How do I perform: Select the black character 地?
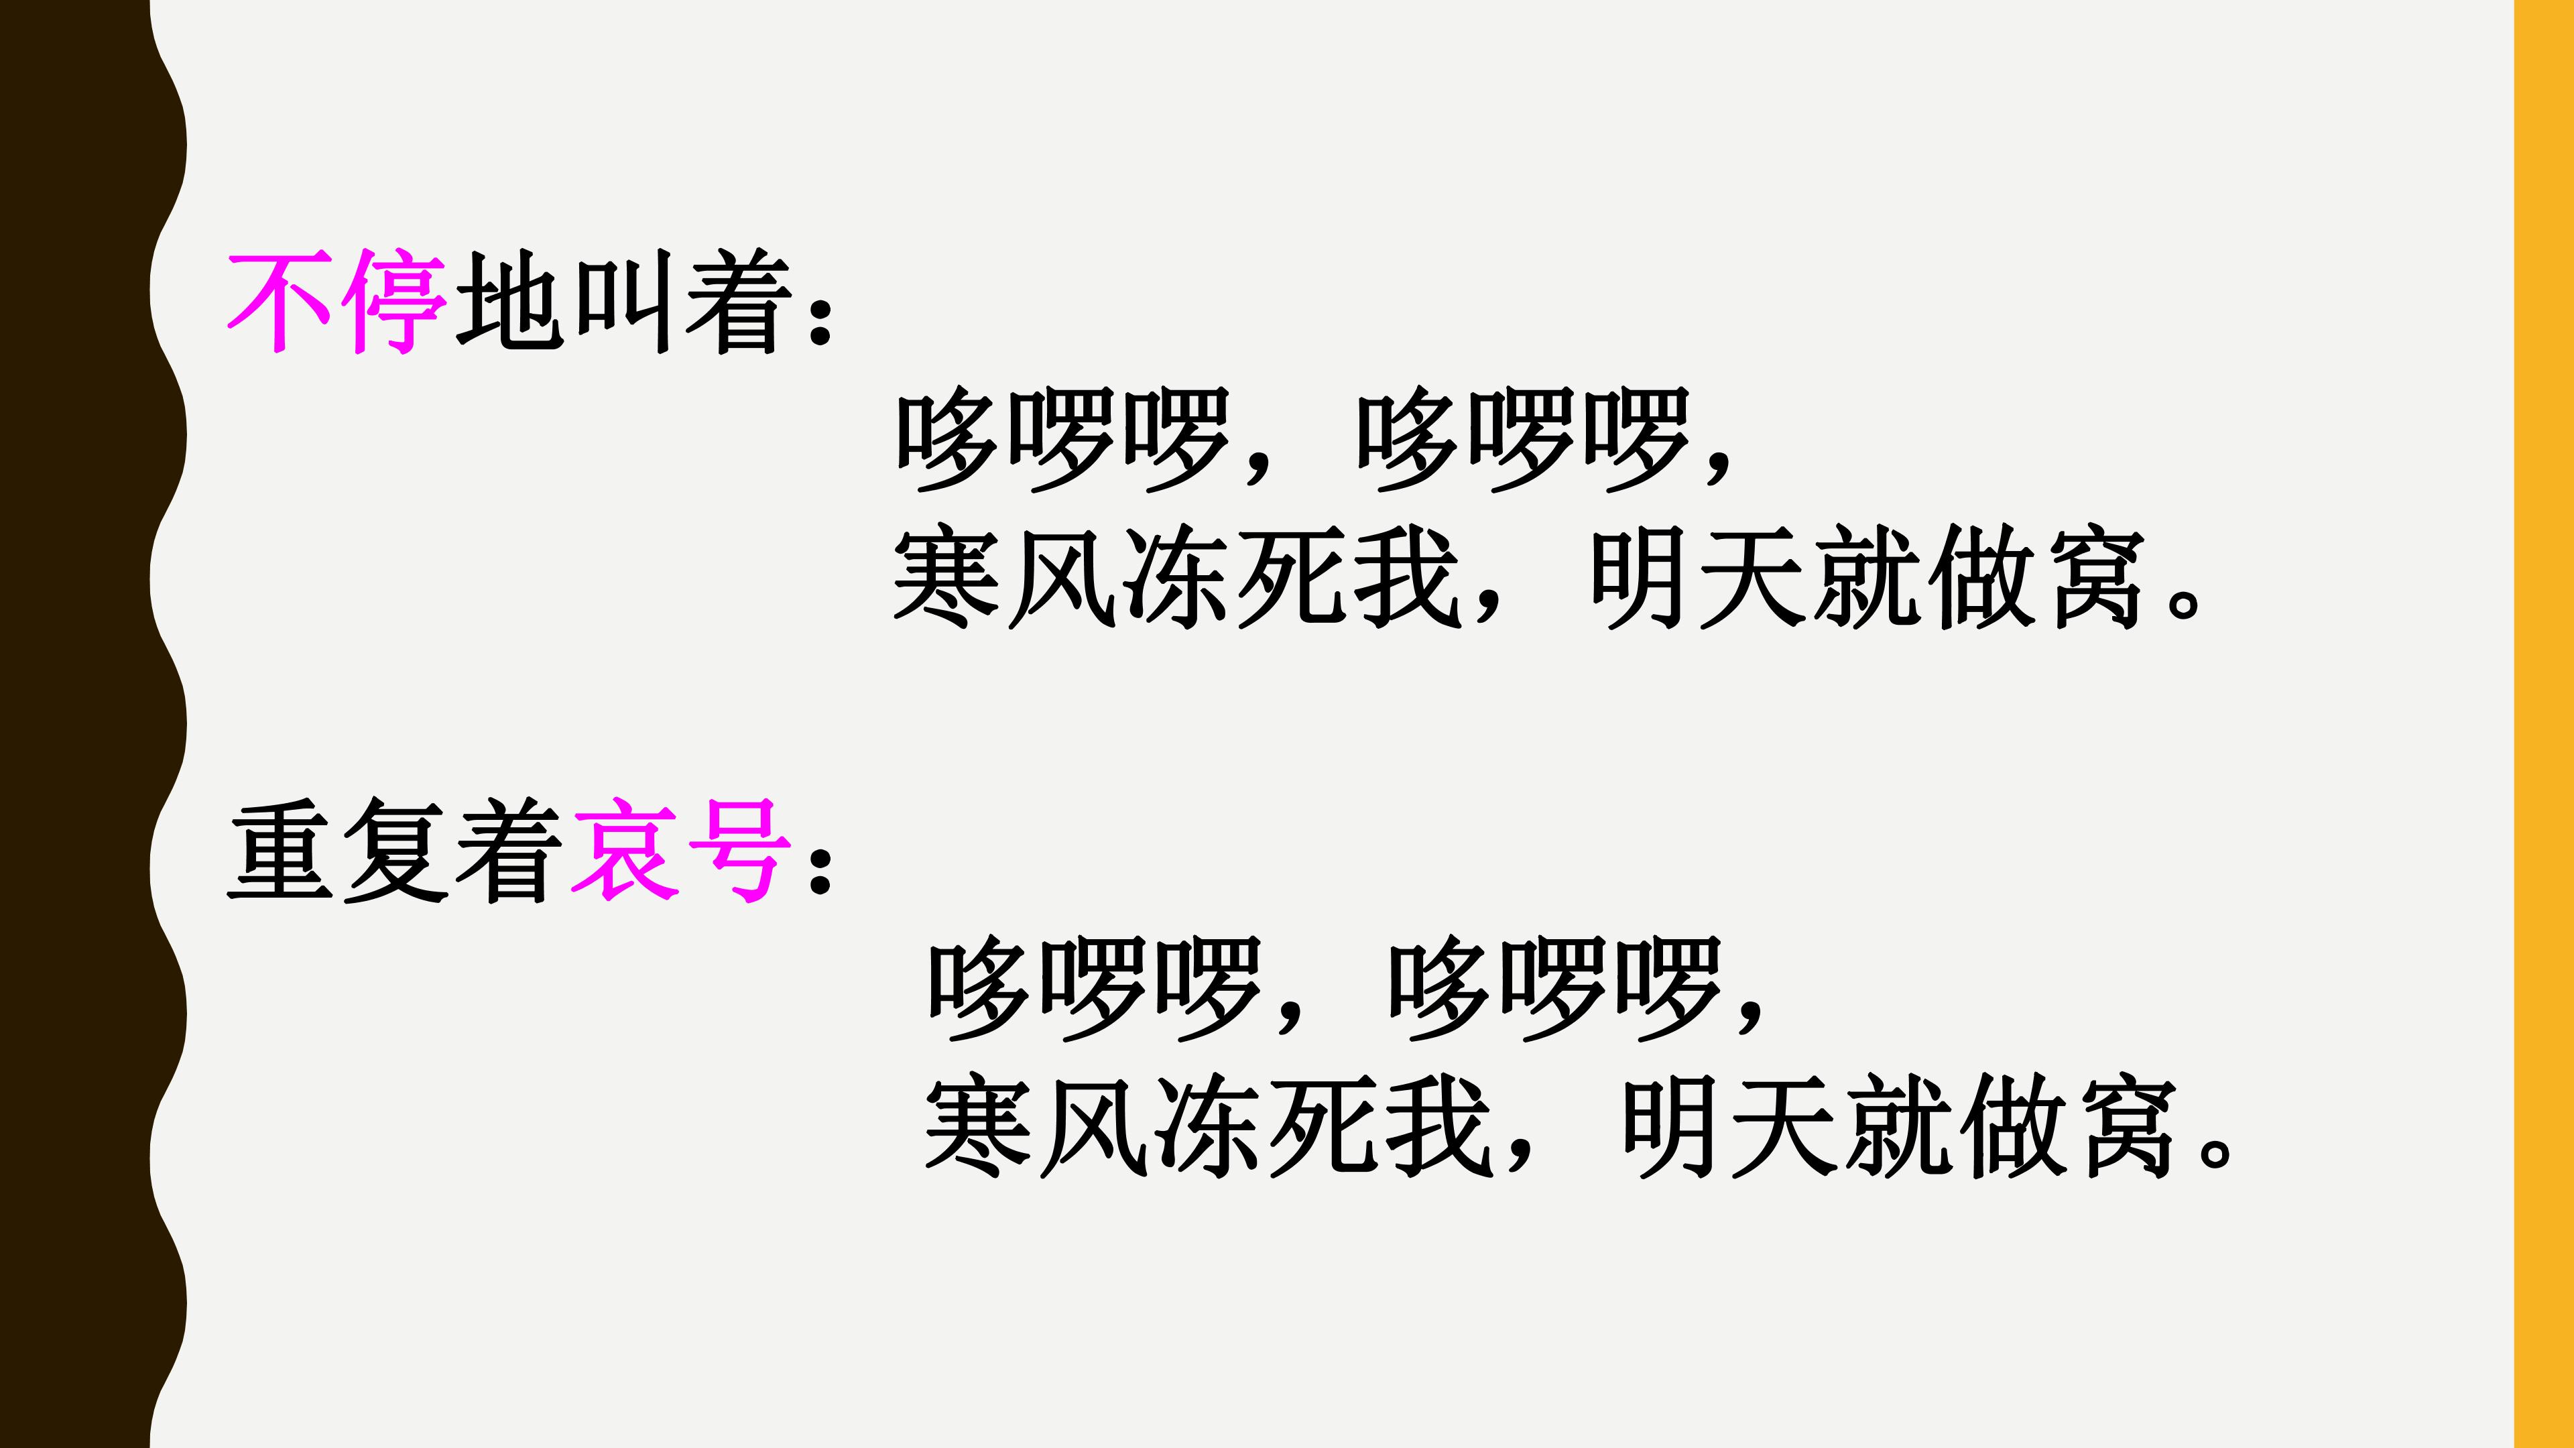click(x=509, y=302)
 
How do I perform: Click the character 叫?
click(x=623, y=302)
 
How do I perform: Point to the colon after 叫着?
click(x=820, y=320)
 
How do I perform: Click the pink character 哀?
click(x=623, y=851)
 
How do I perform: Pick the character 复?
click(x=395, y=851)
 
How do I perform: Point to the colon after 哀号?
click(x=820, y=867)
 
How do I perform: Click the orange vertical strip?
click(x=2543, y=723)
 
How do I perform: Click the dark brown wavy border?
click(x=85, y=723)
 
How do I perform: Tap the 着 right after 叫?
click(x=737, y=302)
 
